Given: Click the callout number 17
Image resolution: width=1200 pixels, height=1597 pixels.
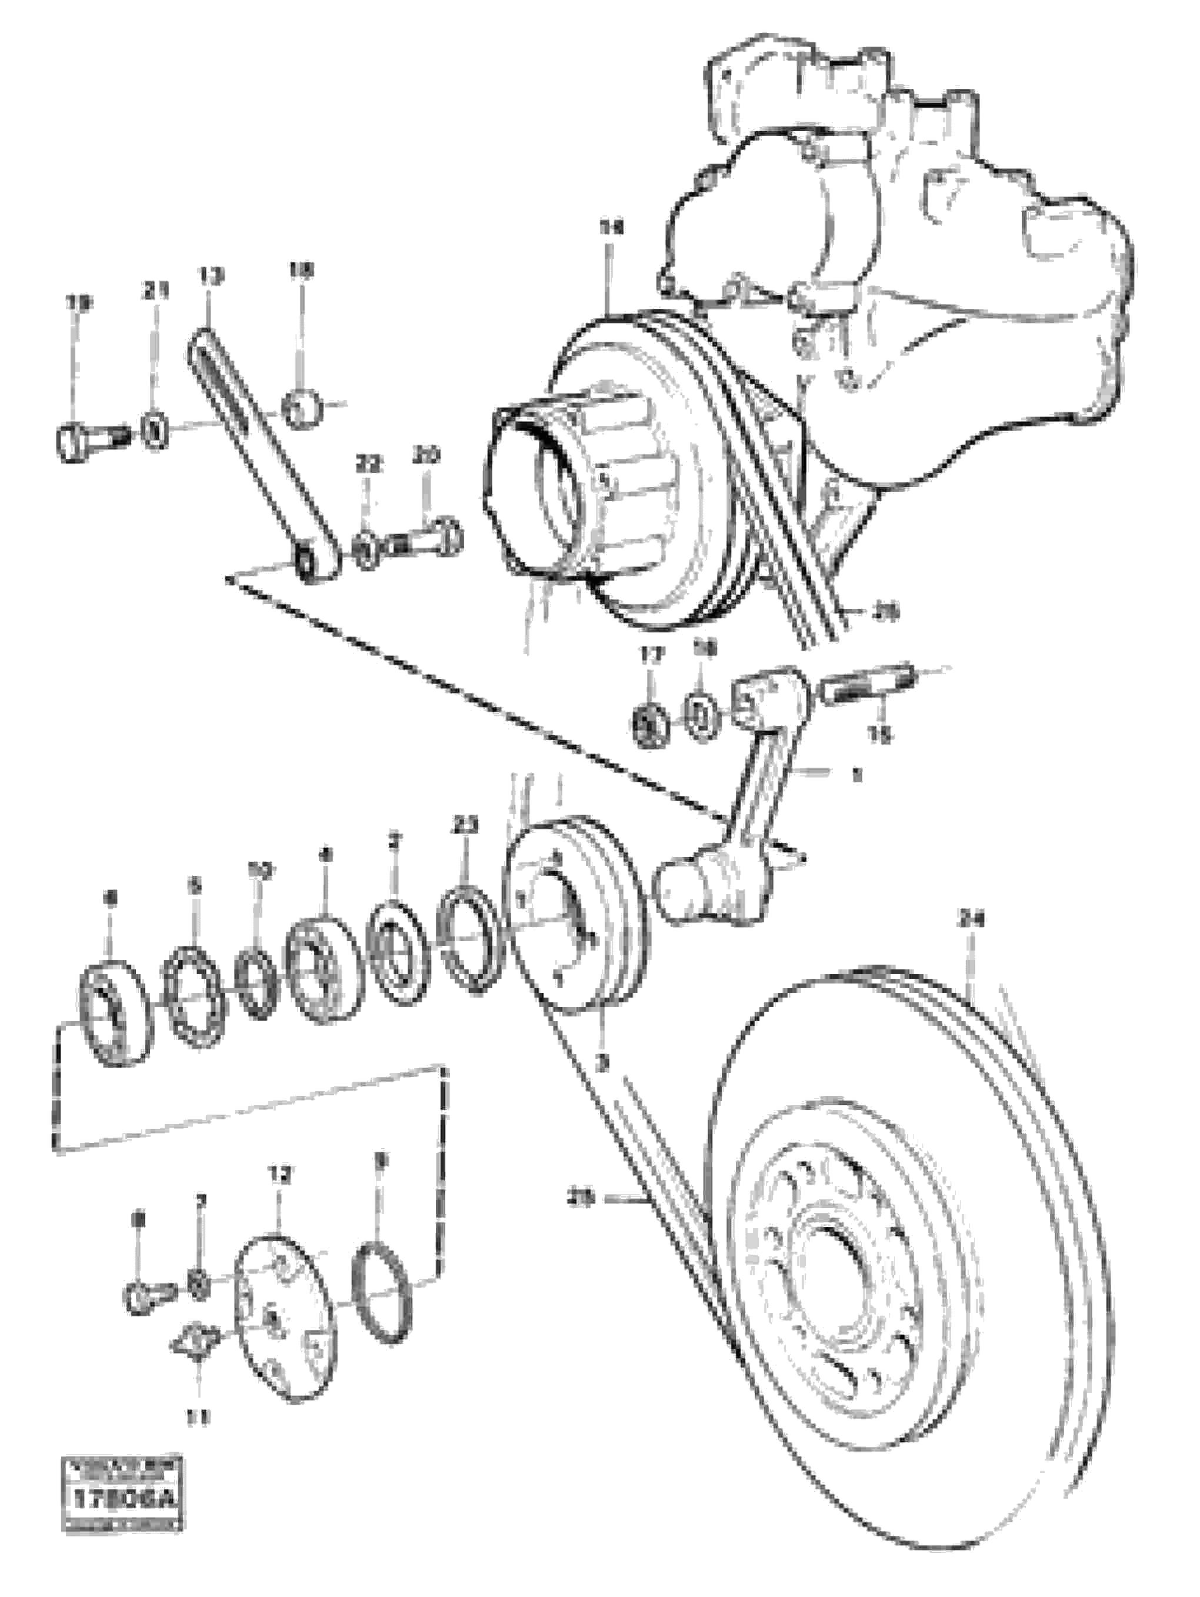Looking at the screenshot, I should click(649, 655).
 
